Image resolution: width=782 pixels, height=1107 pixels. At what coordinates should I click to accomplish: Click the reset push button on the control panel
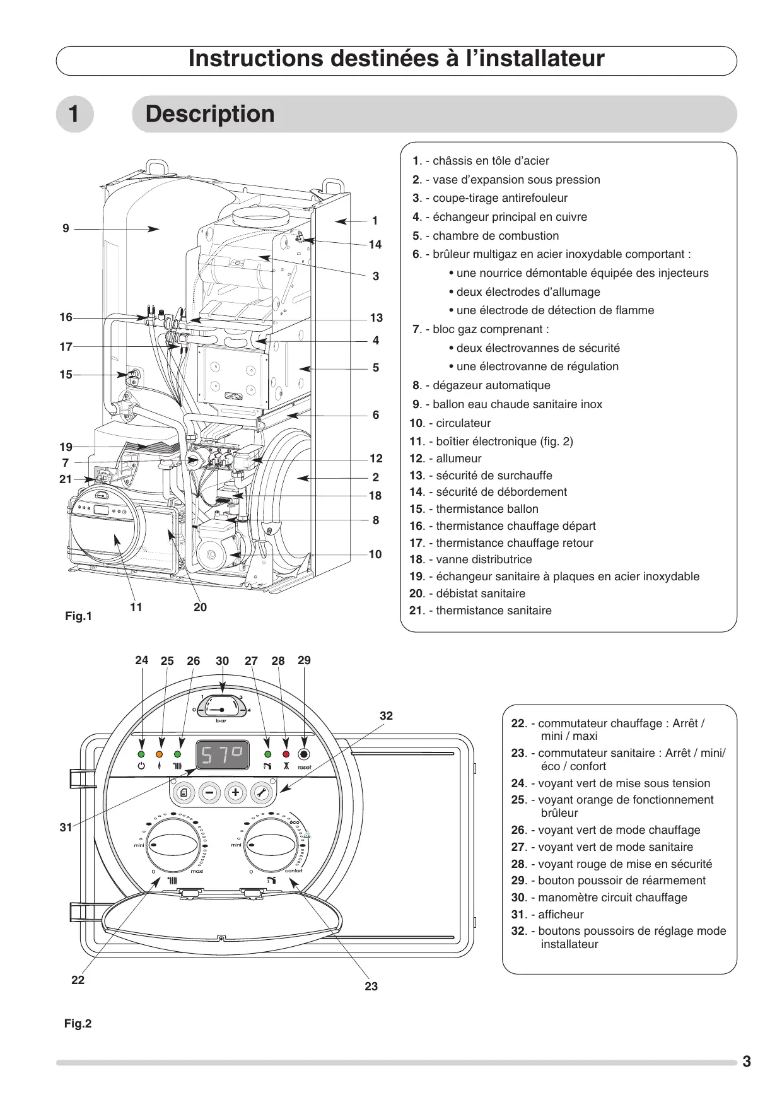[x=304, y=754]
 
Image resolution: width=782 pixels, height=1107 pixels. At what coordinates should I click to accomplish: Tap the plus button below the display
[x=235, y=792]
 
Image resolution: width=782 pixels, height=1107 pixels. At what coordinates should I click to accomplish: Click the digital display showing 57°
[x=223, y=755]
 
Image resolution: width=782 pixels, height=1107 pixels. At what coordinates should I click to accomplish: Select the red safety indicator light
[x=286, y=754]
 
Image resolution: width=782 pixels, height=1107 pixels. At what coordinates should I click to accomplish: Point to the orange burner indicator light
[x=159, y=754]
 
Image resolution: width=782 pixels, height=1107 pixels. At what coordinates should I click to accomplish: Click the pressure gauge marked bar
[x=221, y=708]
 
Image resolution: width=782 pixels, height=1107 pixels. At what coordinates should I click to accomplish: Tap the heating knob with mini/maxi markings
[x=173, y=845]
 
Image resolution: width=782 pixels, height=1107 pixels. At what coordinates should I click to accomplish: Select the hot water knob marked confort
[x=271, y=845]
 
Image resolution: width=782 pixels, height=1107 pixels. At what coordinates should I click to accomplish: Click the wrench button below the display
[x=262, y=792]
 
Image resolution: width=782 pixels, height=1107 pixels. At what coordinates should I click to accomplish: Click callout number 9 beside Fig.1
[x=66, y=228]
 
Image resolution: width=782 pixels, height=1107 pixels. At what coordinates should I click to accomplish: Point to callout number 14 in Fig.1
[x=375, y=245]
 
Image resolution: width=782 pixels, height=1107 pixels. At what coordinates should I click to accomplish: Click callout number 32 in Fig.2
[x=386, y=716]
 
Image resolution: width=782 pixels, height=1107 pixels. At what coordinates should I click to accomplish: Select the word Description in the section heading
[x=210, y=114]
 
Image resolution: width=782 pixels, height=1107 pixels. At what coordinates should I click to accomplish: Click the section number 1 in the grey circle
[x=74, y=114]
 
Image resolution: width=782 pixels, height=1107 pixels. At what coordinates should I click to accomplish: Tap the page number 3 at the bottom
[x=747, y=1062]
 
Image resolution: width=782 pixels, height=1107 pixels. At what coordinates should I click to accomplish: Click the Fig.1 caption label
[x=78, y=616]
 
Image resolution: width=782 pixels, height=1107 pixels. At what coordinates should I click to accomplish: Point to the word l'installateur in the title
[x=535, y=59]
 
